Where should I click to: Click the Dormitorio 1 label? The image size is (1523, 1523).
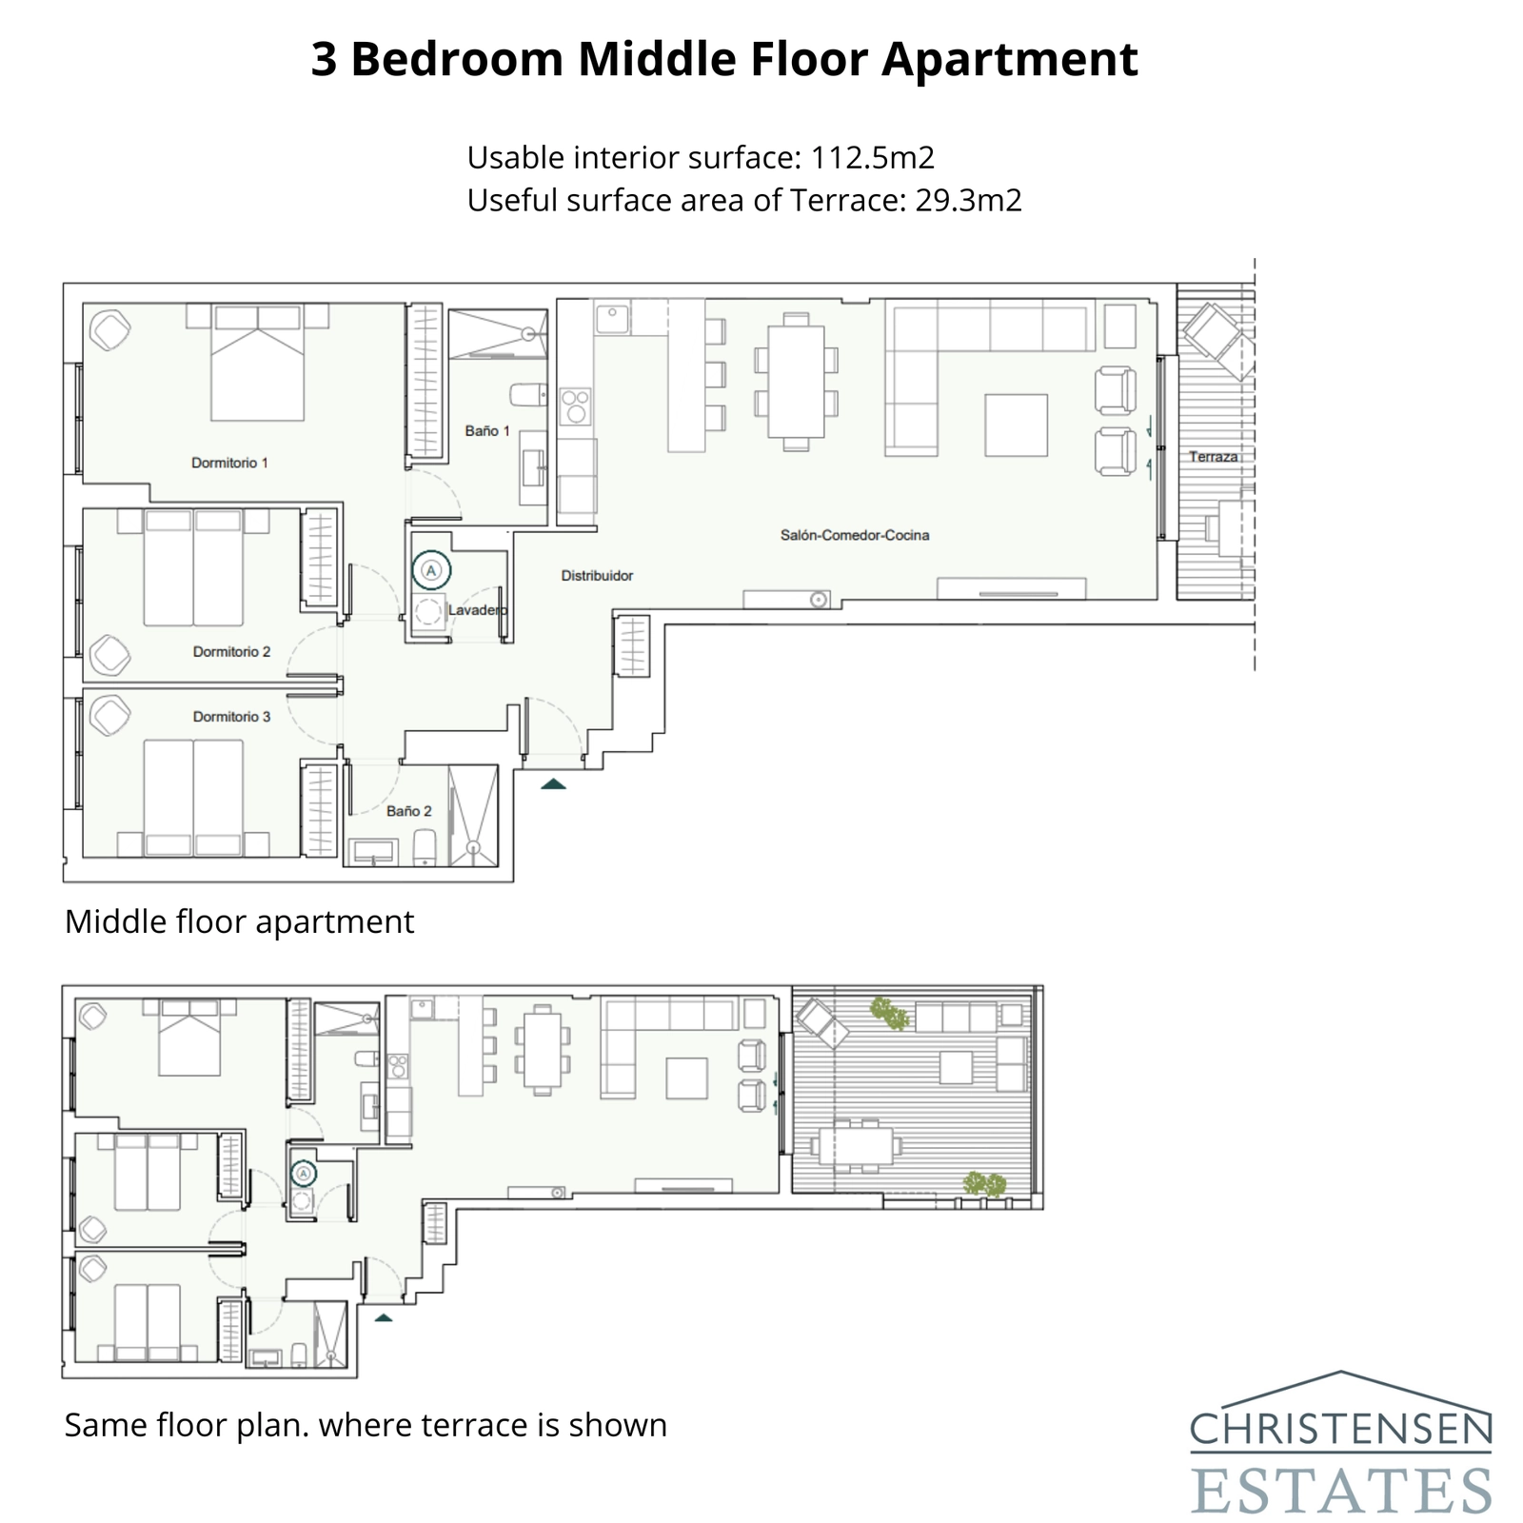[229, 463]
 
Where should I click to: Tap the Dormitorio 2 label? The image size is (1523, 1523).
[231, 652]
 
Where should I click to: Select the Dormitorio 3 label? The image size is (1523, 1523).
[231, 717]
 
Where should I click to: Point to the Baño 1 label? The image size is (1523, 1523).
[487, 431]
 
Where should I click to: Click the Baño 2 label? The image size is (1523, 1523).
[409, 811]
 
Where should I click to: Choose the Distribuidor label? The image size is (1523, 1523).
[597, 576]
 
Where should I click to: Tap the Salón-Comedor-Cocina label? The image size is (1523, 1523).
[854, 535]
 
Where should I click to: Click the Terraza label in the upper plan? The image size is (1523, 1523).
[1213, 457]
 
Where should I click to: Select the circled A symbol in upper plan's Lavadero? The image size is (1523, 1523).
[431, 570]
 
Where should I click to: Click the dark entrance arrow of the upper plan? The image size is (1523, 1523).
[553, 784]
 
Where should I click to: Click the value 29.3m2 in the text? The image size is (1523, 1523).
[968, 201]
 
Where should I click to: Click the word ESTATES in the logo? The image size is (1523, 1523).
[1340, 1490]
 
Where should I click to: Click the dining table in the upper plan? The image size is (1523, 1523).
[796, 381]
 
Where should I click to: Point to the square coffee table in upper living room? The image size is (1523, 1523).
[1017, 425]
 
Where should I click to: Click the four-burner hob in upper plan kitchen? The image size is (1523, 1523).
[574, 406]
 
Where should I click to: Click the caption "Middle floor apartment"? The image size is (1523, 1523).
[239, 921]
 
